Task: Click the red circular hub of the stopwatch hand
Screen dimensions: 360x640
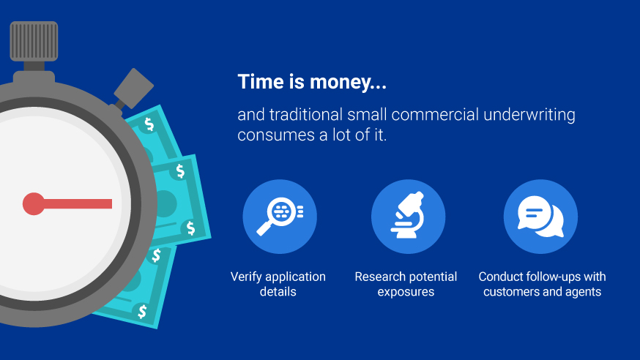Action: coord(34,203)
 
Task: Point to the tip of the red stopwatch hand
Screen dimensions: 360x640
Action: coord(111,203)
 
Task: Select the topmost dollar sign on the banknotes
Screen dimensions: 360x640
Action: coord(150,124)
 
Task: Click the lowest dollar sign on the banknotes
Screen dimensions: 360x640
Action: coord(142,312)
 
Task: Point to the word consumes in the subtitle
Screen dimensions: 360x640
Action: coord(269,135)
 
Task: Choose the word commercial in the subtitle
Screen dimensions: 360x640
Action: coord(428,115)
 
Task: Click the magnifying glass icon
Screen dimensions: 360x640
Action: coord(279,216)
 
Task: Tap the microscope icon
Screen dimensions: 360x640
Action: coord(407,216)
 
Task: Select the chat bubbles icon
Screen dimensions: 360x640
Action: coord(540,217)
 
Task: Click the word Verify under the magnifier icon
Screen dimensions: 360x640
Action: coord(246,277)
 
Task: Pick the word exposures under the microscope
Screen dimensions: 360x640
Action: coord(406,292)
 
